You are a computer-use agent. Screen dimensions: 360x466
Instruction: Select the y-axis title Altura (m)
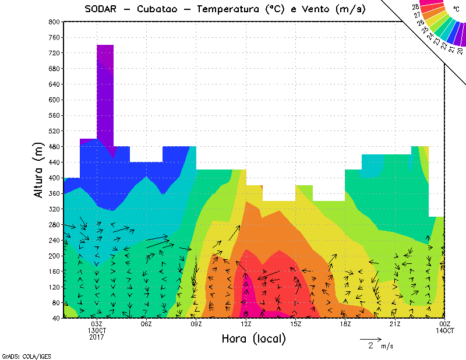tap(39, 170)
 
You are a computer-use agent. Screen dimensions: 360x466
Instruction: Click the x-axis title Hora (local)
tap(253, 338)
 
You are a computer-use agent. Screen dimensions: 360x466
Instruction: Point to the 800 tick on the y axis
tap(54, 22)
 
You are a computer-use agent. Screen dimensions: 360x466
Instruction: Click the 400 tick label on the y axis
tap(54, 178)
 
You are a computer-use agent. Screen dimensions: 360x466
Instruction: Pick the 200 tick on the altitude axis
tap(54, 256)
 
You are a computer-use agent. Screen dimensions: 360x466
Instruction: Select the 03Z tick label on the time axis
tap(97, 324)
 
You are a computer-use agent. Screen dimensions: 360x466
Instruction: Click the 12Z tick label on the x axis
tap(246, 324)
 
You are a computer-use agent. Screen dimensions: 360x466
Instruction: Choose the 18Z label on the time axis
tap(345, 324)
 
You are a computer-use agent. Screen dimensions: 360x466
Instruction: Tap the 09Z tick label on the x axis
tap(196, 324)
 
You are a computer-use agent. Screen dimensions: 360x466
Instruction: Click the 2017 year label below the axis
tap(97, 337)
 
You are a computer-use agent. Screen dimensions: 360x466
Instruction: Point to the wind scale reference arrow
tap(370, 338)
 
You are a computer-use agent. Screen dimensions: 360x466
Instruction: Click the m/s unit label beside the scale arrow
tap(387, 346)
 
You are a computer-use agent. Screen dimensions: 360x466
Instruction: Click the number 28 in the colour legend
tap(415, 7)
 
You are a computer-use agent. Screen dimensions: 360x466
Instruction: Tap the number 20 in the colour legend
tap(460, 51)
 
